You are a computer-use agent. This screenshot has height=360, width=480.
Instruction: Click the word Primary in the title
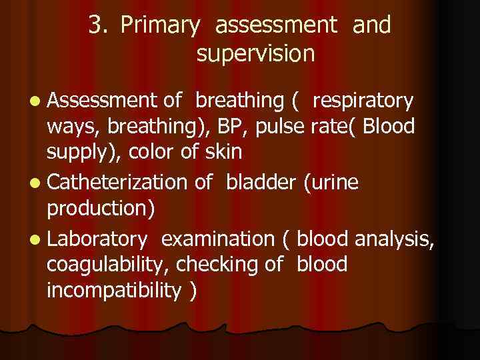pos(160,26)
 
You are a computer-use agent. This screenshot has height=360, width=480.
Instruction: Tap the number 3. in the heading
pos(99,26)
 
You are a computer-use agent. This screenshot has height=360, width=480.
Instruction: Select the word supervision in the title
pos(255,54)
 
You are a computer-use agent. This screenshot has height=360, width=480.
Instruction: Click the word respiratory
pos(362,101)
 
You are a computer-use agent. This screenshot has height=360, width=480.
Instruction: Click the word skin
pos(223,151)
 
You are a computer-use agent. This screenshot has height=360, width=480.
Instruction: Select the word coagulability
pos(107,265)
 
